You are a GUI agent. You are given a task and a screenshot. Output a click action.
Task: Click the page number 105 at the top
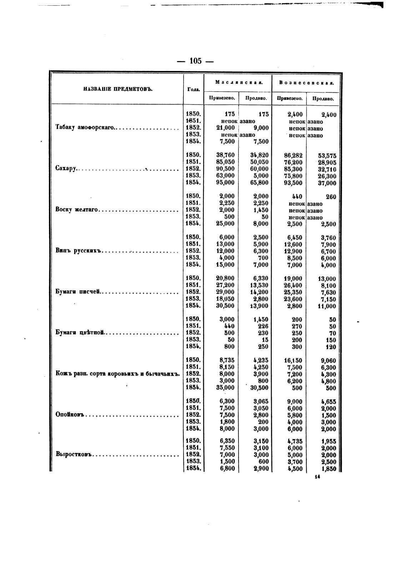(x=196, y=61)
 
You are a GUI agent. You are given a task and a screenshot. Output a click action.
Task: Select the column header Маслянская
(x=239, y=82)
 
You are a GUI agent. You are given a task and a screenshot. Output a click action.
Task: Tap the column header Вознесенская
(x=307, y=82)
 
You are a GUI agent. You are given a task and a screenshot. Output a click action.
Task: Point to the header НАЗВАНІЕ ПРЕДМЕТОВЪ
(x=118, y=89)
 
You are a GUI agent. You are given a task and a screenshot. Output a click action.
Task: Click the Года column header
(x=193, y=89)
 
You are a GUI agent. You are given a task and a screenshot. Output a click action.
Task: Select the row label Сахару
(x=66, y=169)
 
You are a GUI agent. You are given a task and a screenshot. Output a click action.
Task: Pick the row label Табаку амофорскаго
(x=85, y=128)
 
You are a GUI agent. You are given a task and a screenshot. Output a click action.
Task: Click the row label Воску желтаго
(x=77, y=210)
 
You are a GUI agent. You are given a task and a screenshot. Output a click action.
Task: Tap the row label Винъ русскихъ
(x=79, y=251)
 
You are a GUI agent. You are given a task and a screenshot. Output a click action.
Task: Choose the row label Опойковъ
(x=71, y=415)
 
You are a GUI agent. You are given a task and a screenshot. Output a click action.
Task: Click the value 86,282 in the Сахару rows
(x=293, y=156)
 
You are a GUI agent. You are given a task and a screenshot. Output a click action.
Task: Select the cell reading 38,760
(x=225, y=155)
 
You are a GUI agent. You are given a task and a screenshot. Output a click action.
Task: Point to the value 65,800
(x=259, y=183)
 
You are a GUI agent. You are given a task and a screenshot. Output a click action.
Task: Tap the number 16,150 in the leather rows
(x=293, y=360)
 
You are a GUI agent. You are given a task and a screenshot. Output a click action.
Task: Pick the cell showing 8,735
(x=227, y=360)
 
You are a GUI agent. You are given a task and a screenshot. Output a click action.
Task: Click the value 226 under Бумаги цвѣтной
(x=263, y=326)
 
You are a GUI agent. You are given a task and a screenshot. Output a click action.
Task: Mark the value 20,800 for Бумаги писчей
(x=225, y=278)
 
